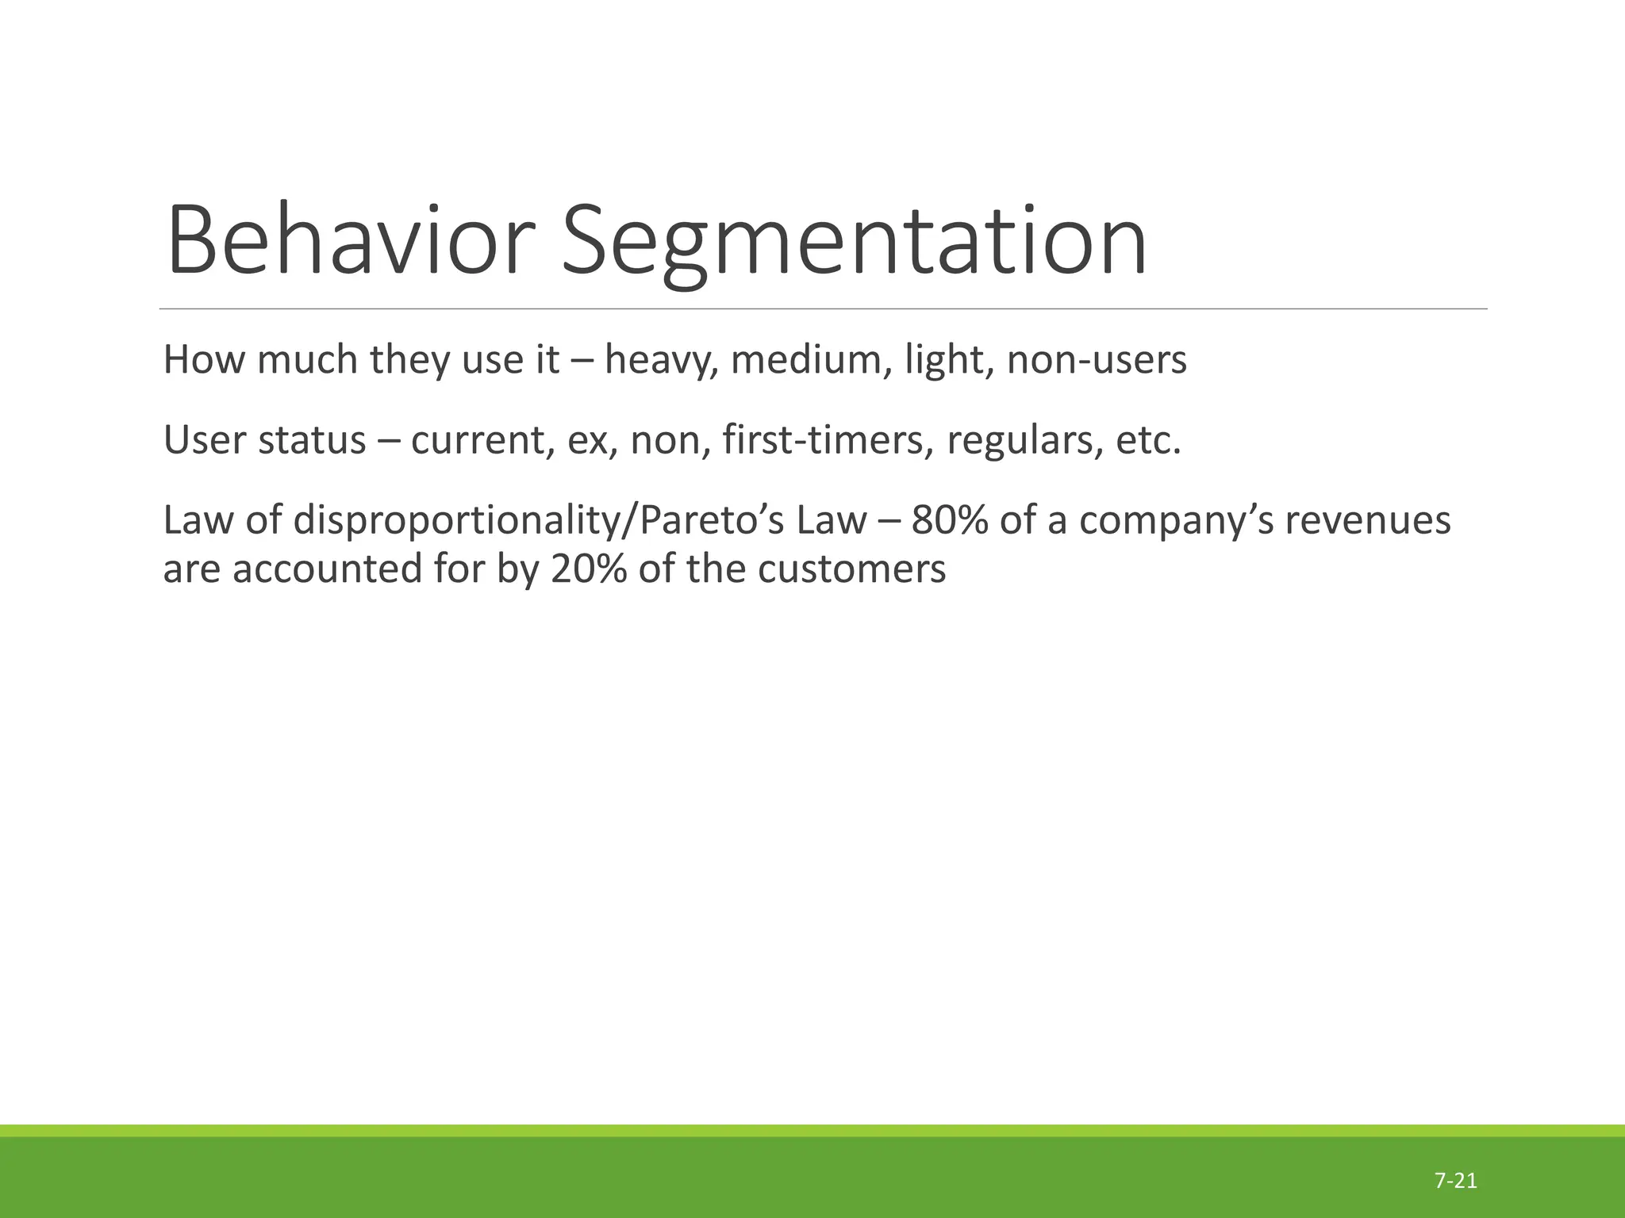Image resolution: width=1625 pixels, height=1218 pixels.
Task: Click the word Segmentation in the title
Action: (854, 240)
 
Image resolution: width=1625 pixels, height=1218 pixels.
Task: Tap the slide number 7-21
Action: (1455, 1181)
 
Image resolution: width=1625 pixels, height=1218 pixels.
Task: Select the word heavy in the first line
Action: (661, 360)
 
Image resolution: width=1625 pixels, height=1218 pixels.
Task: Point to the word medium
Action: (809, 360)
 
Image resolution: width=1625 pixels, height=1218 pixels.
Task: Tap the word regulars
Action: (1024, 441)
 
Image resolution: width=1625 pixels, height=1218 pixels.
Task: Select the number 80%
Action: (948, 521)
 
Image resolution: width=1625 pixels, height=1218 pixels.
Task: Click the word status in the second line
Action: (312, 441)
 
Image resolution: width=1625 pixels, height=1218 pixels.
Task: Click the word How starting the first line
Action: (205, 360)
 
